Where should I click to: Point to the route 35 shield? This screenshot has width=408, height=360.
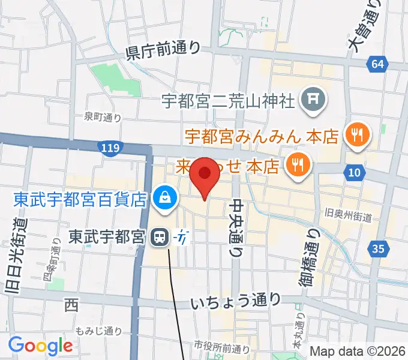[377, 247]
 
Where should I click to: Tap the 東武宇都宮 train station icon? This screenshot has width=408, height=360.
[160, 238]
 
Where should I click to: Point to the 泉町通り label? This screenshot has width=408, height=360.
[103, 117]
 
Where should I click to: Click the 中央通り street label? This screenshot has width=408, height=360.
[237, 226]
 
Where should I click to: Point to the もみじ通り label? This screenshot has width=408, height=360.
[99, 331]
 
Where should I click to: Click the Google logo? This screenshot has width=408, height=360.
[40, 345]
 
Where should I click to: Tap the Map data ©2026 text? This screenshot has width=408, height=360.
[358, 351]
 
